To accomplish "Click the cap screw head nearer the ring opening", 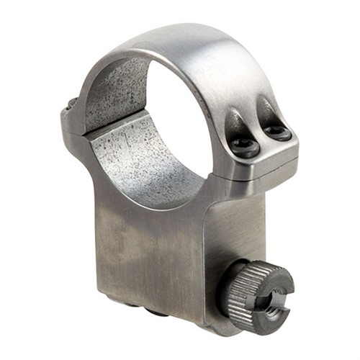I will click(x=245, y=148).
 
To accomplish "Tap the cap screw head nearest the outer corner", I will click(x=277, y=133).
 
